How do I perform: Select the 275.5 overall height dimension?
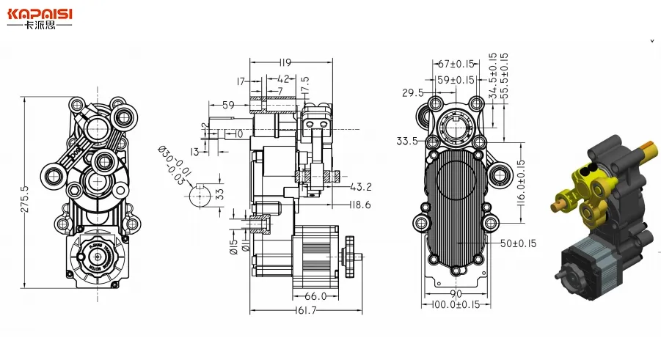25,199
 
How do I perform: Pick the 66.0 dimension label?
315,296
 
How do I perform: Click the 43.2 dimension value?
362,186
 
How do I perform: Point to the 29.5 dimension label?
412,92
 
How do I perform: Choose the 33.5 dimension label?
406,141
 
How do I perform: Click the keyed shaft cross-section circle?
199,194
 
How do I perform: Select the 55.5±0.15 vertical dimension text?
504,77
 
